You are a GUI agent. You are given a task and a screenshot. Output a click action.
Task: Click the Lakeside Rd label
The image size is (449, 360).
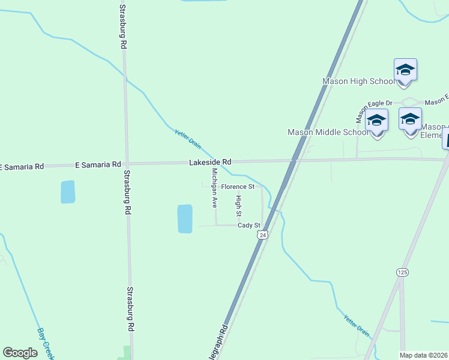[x=210, y=162]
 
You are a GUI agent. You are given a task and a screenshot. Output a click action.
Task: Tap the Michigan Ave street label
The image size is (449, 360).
[x=214, y=187]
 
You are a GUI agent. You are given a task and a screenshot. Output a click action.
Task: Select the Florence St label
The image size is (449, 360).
[x=238, y=187]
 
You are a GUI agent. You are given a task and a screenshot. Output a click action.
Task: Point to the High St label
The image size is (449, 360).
[x=238, y=206]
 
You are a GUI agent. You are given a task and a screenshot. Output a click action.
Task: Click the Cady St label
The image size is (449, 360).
[x=249, y=226]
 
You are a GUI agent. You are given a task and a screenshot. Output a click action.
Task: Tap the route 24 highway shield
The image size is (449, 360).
[x=262, y=235]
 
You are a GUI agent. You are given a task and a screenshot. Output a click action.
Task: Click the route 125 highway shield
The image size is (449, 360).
[x=402, y=272]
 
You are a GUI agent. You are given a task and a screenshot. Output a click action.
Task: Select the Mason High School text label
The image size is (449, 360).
[x=358, y=81]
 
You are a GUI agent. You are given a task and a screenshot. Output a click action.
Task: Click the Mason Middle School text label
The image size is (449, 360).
[x=328, y=132]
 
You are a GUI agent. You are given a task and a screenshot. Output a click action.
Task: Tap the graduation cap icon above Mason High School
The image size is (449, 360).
[x=405, y=70]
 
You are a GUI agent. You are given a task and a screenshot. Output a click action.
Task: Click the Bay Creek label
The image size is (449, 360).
[x=45, y=342]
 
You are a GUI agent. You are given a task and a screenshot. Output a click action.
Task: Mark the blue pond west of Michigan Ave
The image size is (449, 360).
[x=184, y=218]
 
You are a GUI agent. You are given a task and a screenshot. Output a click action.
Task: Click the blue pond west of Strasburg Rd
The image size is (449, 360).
[x=68, y=192]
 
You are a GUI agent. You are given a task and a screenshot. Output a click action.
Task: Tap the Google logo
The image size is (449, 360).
[x=20, y=353]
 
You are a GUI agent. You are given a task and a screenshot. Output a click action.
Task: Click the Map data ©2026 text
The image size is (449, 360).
[x=424, y=355]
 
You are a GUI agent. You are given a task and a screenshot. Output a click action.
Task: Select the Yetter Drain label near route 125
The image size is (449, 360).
[x=357, y=325]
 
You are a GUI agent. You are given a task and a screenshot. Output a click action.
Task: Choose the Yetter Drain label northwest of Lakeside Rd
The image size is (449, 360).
[x=187, y=139]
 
